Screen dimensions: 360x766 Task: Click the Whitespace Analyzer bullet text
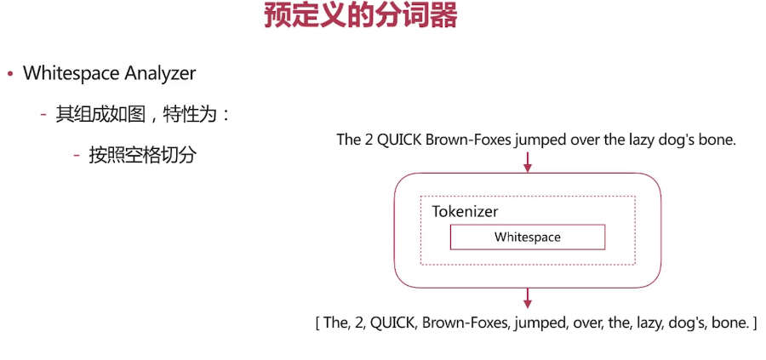(109, 73)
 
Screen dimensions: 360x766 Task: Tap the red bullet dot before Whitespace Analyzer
(10, 74)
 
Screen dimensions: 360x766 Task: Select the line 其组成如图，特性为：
(143, 114)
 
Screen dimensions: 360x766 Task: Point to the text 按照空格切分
(142, 155)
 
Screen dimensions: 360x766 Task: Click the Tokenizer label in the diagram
(465, 211)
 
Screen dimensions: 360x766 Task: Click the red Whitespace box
(527, 237)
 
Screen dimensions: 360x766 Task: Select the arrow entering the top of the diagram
(528, 161)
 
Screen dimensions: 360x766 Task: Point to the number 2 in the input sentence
(369, 140)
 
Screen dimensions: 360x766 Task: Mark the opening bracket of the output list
(317, 323)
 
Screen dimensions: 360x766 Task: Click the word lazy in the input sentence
(644, 140)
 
